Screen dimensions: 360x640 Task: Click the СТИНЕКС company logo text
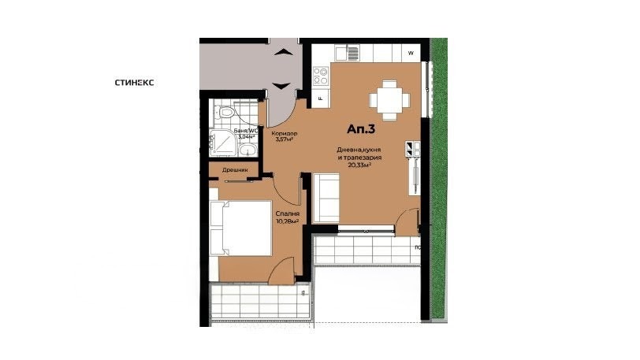pos(140,81)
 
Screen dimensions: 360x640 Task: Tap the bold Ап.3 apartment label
pos(361,128)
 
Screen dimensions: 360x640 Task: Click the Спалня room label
pos(286,213)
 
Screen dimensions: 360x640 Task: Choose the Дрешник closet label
pos(235,169)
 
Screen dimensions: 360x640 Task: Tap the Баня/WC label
pos(247,130)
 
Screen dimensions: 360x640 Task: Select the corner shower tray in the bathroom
pos(224,143)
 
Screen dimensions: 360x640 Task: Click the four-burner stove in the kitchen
pos(321,76)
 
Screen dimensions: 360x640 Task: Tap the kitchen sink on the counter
pos(344,54)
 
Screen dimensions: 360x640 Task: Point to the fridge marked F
pos(321,98)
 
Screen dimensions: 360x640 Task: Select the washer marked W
pos(410,54)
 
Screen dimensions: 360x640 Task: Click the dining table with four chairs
pos(389,100)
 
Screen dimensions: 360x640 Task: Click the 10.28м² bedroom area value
pos(286,221)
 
